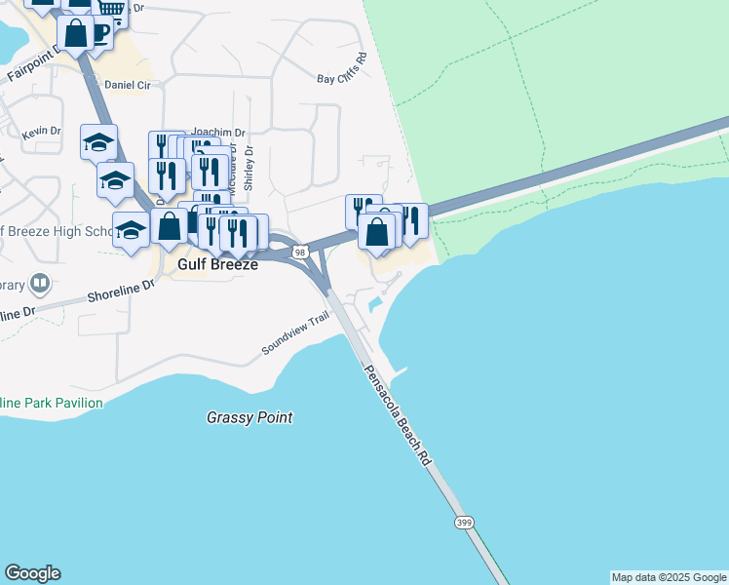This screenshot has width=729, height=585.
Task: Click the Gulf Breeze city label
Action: click(216, 264)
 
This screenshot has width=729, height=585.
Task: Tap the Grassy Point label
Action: click(249, 418)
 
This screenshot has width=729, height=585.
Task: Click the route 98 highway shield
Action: click(300, 253)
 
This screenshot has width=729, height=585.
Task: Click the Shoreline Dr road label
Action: click(121, 290)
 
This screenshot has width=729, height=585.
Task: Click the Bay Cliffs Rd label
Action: click(341, 74)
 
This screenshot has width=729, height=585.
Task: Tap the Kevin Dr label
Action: click(41, 132)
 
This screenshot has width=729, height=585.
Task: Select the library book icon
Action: click(40, 284)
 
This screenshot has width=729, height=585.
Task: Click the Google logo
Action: click(32, 573)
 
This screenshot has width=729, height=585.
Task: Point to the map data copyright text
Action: click(669, 577)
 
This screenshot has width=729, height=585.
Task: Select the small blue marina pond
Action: click(375, 304)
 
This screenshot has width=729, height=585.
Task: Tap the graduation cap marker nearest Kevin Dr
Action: click(98, 143)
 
